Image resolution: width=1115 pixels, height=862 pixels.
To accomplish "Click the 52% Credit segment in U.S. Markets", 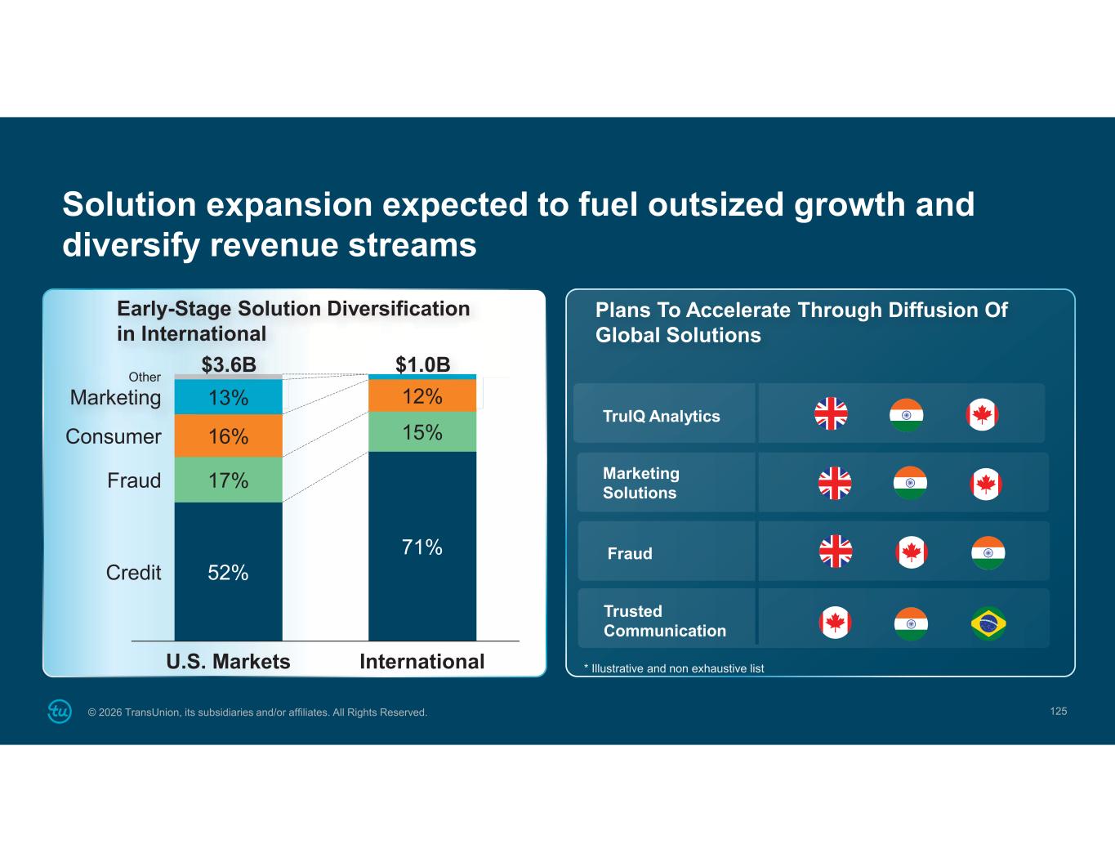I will [228, 572].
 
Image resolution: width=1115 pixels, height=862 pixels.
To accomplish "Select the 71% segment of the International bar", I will [422, 547].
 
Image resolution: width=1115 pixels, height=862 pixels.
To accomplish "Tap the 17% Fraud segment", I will [228, 480].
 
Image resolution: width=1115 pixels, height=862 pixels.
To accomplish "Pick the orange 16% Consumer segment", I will [228, 436].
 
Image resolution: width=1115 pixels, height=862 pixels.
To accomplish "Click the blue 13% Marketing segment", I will [228, 397].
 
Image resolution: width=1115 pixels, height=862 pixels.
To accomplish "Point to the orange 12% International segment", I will [422, 396].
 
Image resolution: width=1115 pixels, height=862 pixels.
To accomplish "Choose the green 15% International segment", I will [422, 432].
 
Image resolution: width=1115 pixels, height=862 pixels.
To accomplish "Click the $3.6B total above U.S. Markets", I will [229, 364].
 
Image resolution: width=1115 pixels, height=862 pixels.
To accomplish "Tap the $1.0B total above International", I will [422, 364].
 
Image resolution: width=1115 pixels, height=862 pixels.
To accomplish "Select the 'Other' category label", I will [145, 377].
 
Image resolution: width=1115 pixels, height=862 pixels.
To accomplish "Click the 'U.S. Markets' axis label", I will [228, 661].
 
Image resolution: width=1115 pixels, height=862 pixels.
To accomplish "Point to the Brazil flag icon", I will [988, 623].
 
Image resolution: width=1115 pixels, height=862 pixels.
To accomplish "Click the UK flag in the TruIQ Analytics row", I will [831, 414].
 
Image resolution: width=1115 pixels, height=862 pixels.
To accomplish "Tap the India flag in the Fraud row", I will [988, 553].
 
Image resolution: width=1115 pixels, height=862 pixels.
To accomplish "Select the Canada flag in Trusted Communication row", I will [835, 623].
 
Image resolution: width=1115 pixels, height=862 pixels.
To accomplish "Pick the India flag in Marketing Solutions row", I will [910, 483].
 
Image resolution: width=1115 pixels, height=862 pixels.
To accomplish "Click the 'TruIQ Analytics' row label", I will [661, 416].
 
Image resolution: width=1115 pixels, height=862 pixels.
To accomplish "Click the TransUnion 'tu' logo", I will [60, 712].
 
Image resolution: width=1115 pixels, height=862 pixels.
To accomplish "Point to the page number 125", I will [1058, 711].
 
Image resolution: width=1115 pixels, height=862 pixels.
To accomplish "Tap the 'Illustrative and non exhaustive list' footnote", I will [675, 668].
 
